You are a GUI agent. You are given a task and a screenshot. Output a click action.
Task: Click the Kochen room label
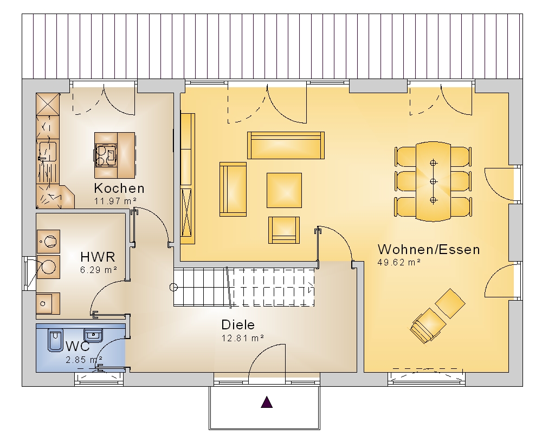pos(119,188)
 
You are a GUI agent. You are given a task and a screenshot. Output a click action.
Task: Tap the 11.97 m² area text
pos(115,201)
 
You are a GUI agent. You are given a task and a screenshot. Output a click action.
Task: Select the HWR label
pos(98,257)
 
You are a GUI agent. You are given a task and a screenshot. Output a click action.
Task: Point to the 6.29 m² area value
pos(99,270)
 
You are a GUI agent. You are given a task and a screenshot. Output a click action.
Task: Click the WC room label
pos(78,346)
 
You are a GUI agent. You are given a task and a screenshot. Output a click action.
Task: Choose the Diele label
pos(238,325)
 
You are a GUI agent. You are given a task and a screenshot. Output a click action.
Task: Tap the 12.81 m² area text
pos(243,338)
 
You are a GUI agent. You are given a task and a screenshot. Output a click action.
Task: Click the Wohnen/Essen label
pos(429,250)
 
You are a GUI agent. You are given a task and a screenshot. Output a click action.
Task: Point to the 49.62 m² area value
pos(399,262)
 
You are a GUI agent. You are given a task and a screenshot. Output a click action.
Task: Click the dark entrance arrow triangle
pos(267,402)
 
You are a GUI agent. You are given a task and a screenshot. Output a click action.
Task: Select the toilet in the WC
pos(55,340)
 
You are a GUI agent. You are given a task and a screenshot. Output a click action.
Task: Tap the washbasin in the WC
pos(93,335)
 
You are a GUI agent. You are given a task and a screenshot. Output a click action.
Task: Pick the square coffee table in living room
pos(284,190)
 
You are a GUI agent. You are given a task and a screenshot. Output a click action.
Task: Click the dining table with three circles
pos(434,181)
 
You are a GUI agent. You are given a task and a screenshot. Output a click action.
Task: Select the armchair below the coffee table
pos(284,230)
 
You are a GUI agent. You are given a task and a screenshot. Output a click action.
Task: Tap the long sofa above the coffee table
pos(286,145)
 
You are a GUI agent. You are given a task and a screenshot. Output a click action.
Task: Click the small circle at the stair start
pos(173,287)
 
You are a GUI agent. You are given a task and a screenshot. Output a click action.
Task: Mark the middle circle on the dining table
pos(434,181)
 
